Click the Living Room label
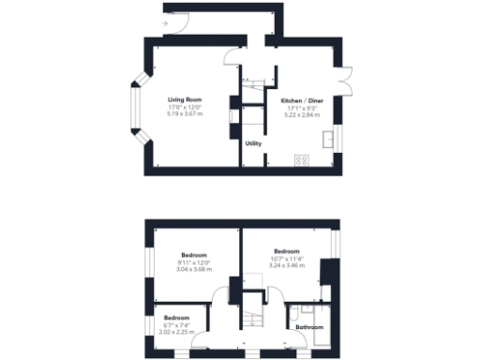point(186,99)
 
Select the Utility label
point(253,143)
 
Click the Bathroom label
point(309,327)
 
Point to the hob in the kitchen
point(302,159)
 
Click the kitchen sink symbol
point(330,141)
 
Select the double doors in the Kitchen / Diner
point(348,82)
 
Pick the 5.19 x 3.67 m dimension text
point(186,113)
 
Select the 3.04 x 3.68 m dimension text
point(195,269)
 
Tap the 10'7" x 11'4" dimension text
point(287,259)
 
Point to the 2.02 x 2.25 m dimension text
point(176,331)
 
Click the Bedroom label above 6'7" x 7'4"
point(176,318)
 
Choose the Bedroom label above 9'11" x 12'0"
point(195,255)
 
